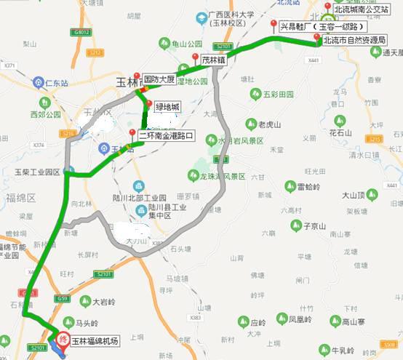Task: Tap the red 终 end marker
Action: point(64,338)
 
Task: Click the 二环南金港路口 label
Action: point(167,135)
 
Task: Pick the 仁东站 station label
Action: point(55,83)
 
